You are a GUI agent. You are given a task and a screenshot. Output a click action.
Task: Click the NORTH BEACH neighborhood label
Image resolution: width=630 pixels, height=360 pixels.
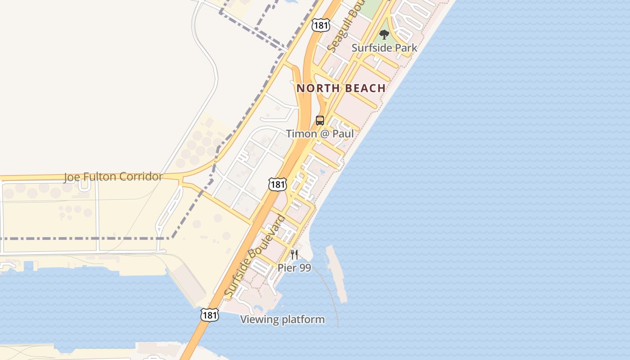[x=341, y=88]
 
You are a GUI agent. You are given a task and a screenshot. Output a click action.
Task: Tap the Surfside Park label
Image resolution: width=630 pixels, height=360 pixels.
[x=384, y=48]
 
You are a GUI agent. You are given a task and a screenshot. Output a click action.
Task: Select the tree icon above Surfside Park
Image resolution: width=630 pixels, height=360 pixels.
[x=384, y=34]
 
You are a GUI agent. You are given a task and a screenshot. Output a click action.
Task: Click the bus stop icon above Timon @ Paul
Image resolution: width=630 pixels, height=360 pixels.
[x=320, y=121]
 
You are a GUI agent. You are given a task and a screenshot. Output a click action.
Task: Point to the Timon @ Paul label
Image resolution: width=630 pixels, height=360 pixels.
[x=320, y=134]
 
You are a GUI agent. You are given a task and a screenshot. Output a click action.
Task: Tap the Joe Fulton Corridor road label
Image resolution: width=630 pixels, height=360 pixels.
[x=112, y=176]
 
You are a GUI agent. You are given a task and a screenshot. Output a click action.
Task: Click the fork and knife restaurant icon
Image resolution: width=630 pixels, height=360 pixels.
[x=294, y=255]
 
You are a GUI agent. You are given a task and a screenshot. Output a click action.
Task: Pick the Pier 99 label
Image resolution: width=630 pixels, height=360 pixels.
[x=294, y=268]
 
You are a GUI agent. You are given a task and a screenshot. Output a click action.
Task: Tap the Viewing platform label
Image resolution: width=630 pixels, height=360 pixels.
[x=282, y=319]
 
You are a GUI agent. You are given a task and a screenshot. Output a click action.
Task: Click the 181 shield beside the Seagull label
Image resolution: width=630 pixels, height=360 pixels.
[x=320, y=25]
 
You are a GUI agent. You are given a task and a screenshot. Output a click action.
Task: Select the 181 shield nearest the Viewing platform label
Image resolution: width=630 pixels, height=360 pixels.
[x=210, y=315]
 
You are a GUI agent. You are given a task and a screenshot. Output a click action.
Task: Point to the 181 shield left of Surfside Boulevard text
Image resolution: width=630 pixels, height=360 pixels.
[x=278, y=184]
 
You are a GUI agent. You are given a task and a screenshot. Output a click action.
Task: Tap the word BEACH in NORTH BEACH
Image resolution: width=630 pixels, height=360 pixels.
[x=364, y=88]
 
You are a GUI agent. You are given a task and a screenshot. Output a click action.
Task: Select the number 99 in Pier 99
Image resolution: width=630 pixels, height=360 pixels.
[x=305, y=268]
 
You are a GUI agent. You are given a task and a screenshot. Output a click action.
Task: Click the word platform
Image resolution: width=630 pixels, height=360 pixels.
[x=303, y=319]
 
